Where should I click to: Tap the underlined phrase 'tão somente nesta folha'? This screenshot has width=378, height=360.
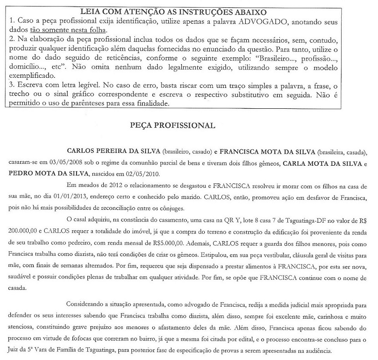point(79,30)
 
